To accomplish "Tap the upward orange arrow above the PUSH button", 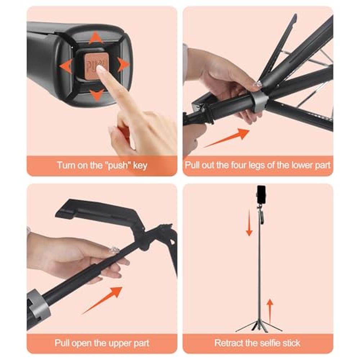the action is (x=96, y=38).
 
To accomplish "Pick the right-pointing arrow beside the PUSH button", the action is (x=124, y=64).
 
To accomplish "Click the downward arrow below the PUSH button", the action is (x=96, y=95).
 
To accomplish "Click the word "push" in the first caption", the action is (x=118, y=166).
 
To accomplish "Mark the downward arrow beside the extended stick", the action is (x=249, y=222).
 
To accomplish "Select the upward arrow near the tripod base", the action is (x=270, y=311).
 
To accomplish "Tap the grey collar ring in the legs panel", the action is (x=260, y=102).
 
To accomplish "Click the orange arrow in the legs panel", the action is (x=226, y=138).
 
